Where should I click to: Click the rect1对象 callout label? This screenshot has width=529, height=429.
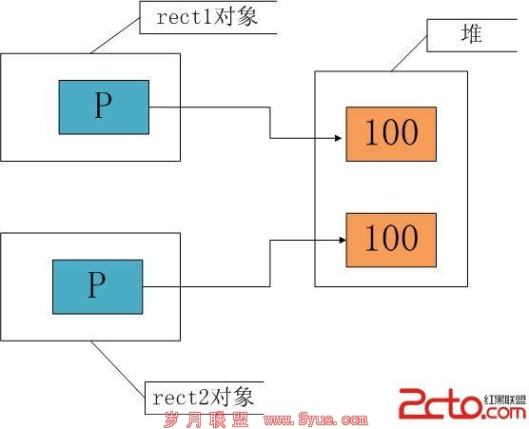pyautogui.click(x=207, y=17)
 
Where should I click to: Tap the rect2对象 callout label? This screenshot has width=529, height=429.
pyautogui.click(x=204, y=398)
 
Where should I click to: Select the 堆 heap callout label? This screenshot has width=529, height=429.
pyautogui.click(x=472, y=35)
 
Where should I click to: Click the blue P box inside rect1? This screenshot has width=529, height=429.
pyautogui.click(x=104, y=107)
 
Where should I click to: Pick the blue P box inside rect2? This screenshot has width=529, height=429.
pyautogui.click(x=97, y=286)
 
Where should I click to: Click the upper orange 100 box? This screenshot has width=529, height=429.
pyautogui.click(x=391, y=134)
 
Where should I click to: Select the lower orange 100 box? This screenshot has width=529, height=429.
pyautogui.click(x=391, y=240)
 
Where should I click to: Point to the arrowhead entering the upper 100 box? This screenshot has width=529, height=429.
pyautogui.click(x=339, y=138)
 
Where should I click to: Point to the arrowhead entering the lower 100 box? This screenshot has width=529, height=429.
pyautogui.click(x=343, y=240)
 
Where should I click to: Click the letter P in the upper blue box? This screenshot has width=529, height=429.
pyautogui.click(x=103, y=105)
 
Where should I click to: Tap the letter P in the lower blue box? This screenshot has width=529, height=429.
pyautogui.click(x=96, y=284)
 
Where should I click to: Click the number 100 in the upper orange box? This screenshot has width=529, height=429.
pyautogui.click(x=391, y=132)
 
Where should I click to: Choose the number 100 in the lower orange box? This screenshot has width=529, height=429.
pyautogui.click(x=391, y=238)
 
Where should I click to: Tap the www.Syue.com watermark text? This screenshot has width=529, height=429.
pyautogui.click(x=316, y=419)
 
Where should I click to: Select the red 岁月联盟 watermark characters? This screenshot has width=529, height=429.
pyautogui.click(x=206, y=419)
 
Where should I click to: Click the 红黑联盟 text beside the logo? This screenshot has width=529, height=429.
pyautogui.click(x=505, y=400)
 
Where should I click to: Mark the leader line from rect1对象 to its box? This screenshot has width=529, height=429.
pyautogui.click(x=115, y=35)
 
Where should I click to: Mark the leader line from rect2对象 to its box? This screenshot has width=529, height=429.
pyautogui.click(x=118, y=369)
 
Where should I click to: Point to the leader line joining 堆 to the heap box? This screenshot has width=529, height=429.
pyautogui.click(x=409, y=53)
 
